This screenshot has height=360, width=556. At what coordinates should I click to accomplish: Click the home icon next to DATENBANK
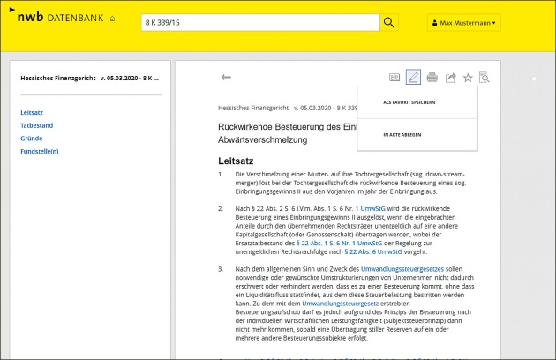point(112,19)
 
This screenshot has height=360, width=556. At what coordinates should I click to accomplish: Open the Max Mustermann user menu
point(464,22)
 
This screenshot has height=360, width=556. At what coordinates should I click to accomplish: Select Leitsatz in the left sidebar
point(32,112)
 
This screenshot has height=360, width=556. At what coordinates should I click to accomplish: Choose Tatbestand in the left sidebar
point(35,125)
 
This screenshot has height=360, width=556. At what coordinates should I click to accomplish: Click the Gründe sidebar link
point(32,138)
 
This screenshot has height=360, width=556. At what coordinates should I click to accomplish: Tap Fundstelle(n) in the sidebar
point(40,151)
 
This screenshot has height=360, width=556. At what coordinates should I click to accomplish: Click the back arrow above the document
point(226,78)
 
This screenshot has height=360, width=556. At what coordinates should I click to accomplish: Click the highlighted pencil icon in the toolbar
point(413,78)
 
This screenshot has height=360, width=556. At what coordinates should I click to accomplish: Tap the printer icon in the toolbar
point(432,78)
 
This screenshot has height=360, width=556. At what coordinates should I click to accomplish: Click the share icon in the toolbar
point(450,78)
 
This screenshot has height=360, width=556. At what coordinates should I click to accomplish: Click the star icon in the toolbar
point(468,78)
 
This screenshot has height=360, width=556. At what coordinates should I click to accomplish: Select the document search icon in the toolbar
point(484,78)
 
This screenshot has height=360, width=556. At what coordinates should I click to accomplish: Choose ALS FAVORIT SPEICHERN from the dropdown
point(409,102)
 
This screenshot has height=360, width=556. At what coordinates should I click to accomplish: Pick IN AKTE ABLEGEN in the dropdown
point(402,134)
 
